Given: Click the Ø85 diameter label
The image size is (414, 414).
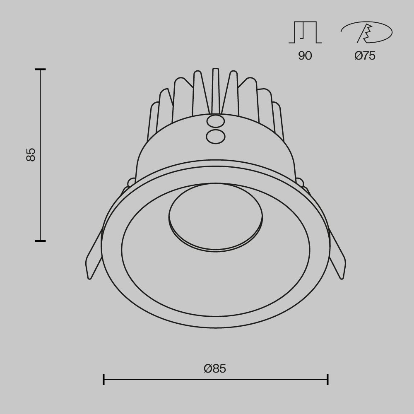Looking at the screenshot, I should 215,368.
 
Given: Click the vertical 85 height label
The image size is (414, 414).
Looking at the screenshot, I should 31,154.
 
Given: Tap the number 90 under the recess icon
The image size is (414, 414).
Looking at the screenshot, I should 305,55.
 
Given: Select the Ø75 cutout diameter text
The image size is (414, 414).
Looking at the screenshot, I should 365,55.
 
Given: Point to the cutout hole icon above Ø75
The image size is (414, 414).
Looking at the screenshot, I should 366,32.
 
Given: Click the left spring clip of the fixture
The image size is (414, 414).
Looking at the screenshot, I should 94,257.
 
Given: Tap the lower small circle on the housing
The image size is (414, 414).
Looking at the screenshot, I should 215,136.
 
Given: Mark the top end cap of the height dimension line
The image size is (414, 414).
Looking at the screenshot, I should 40,70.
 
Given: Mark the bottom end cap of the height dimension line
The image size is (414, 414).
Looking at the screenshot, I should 40,241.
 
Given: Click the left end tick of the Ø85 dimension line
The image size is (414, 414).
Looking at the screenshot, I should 103,379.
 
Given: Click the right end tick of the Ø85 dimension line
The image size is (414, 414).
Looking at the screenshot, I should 327,379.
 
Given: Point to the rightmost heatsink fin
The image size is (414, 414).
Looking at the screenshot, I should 278,122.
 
